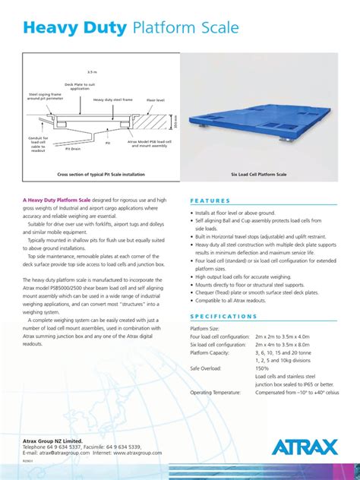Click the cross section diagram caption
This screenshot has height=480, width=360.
(101, 174)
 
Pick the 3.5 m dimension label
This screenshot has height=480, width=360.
(92, 72)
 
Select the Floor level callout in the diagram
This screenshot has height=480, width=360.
(156, 99)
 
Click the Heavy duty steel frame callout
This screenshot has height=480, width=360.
(112, 99)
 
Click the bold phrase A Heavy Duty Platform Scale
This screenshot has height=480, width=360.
(57, 200)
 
